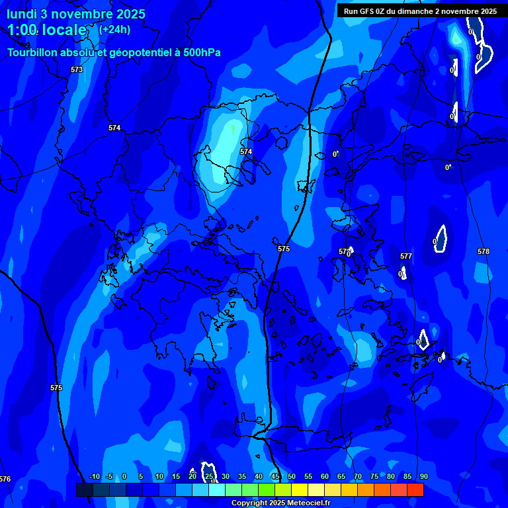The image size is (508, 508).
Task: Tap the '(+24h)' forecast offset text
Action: [114, 29]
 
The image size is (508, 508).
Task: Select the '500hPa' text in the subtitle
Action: [200, 52]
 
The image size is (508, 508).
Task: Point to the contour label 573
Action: [77, 69]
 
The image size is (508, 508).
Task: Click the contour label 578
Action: [484, 251]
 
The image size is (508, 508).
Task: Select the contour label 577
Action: [406, 256]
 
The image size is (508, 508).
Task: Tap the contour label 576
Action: [5, 479]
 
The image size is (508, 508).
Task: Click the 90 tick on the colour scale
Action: [423, 476]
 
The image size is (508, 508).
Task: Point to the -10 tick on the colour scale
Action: [94, 476]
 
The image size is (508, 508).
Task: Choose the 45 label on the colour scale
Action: [275, 476]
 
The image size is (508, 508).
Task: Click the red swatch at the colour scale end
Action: [415, 489]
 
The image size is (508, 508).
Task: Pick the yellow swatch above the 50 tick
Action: [300, 489]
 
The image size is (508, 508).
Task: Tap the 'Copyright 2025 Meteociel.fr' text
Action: [280, 503]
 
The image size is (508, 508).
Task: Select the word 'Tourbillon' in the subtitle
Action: [33, 52]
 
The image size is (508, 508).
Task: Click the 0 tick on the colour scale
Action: [124, 476]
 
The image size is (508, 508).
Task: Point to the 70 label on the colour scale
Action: [358, 476]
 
